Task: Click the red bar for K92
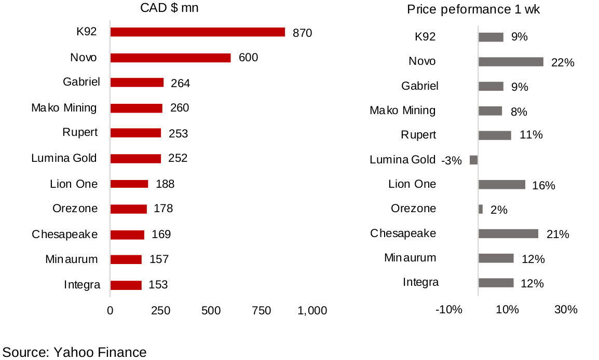pos(198,32)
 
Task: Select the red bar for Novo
pos(170,58)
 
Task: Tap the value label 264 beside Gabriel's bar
pos(180,83)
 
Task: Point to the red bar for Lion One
pos(129,184)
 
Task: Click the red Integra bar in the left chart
pos(126,285)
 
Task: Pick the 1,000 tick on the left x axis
pos(312,310)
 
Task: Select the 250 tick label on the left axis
pos(161,310)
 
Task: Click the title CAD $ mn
pos(169,8)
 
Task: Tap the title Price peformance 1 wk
pos(473,10)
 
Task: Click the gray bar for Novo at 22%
pos(511,62)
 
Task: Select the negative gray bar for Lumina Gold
pos(473,160)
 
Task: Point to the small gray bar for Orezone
pos(481,209)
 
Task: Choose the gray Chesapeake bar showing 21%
pos(508,233)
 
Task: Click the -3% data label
pos(451,161)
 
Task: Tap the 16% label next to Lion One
pos(543,185)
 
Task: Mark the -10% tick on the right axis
pos(448,310)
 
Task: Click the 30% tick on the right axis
pos(565,310)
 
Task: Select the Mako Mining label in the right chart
pos(402,110)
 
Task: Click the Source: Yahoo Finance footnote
pos(75,352)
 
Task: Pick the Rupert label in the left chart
pos(79,133)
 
